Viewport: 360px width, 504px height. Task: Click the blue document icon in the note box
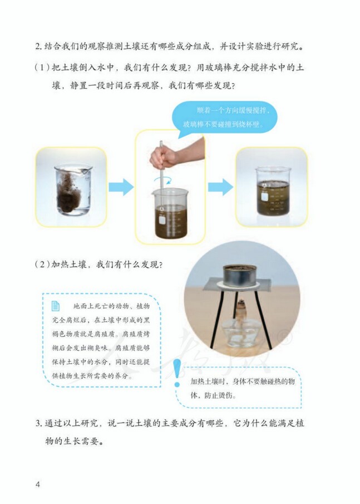tap(56, 306)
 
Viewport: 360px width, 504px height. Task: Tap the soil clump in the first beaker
tap(70, 192)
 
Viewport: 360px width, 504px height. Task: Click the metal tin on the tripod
tap(241, 274)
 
